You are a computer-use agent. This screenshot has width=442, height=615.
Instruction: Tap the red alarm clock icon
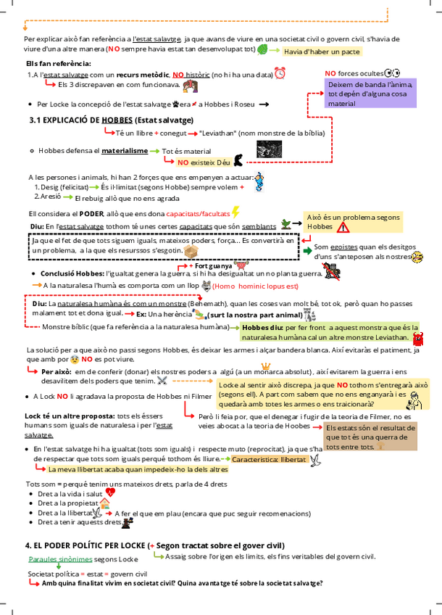(x=280, y=73)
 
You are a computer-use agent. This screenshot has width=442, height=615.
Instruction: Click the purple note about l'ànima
(x=370, y=94)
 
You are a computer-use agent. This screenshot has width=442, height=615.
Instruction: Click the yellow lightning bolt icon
(x=235, y=212)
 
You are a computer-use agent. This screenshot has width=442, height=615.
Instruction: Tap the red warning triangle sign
(x=343, y=227)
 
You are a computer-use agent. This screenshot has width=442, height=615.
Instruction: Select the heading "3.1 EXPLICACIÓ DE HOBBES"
(x=111, y=120)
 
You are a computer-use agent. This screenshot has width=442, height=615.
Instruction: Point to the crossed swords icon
(x=163, y=379)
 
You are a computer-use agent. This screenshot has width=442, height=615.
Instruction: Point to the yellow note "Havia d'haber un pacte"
(x=321, y=51)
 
